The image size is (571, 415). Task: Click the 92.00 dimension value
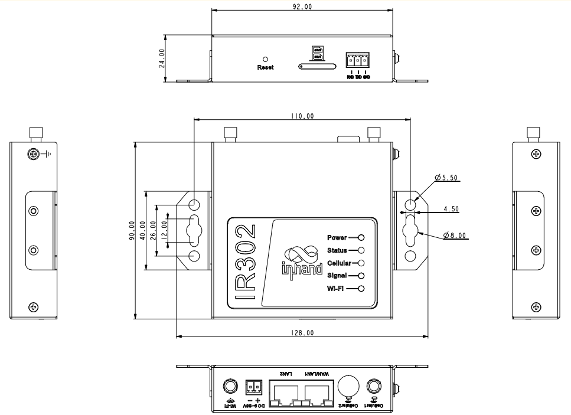point(302,6)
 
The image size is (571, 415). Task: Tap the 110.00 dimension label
point(302,116)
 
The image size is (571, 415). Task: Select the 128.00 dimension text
point(302,333)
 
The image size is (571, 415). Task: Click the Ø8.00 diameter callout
point(455,236)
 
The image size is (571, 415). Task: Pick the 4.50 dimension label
point(451,209)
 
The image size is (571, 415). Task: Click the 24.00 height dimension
point(162,58)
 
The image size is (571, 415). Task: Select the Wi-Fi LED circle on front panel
point(360,288)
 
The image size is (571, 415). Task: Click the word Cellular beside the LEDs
point(338,263)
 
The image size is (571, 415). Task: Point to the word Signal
point(337,276)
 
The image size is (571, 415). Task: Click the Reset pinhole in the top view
point(265,60)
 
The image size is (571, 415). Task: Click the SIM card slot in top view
point(318,66)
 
